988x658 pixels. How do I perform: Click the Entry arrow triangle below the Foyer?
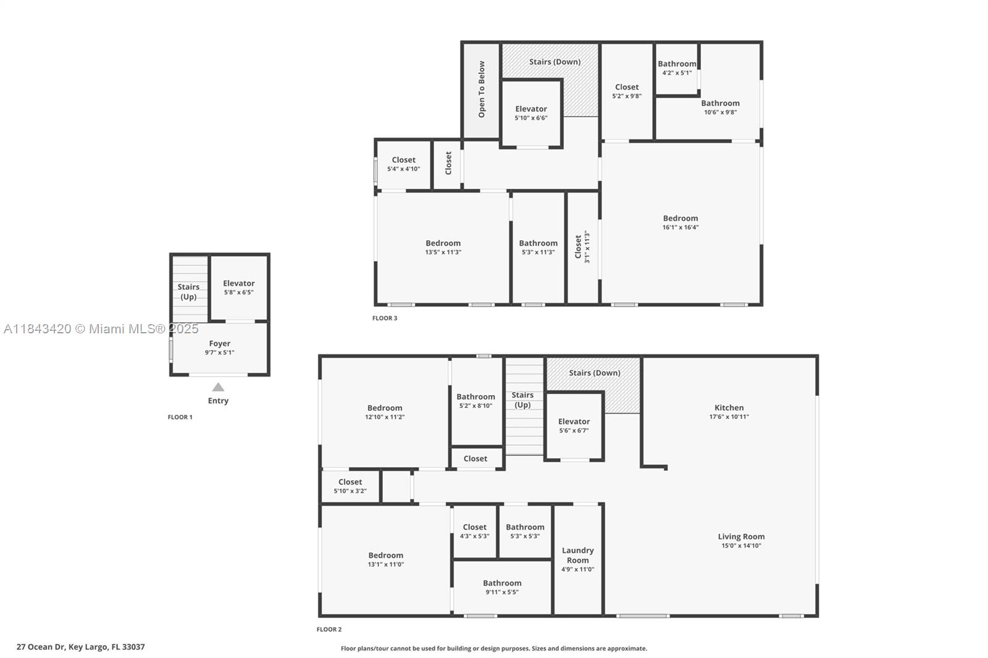[218, 388]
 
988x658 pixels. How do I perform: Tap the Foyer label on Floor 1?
[219, 344]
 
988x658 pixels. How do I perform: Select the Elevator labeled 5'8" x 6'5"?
[238, 288]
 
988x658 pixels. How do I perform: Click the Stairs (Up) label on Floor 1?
[188, 291]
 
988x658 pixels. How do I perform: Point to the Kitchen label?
[729, 407]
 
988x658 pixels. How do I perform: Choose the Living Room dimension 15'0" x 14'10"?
[741, 546]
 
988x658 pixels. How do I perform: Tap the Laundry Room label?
[577, 555]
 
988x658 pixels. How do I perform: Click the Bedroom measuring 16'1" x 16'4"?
[680, 222]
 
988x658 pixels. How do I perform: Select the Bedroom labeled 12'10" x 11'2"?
[385, 412]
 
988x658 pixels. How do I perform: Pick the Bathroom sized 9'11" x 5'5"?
[502, 587]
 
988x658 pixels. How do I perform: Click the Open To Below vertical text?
[482, 90]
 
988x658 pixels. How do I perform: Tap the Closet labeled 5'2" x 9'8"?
[627, 91]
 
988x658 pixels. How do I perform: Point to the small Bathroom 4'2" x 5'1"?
[677, 68]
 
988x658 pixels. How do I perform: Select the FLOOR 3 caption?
[385, 319]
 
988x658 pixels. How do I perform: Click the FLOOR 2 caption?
[329, 630]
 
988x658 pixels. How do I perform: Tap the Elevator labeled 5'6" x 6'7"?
[574, 426]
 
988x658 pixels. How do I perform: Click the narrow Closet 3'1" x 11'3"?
[582, 247]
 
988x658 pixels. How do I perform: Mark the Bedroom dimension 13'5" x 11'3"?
[443, 252]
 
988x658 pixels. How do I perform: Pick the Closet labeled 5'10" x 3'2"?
[350, 486]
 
